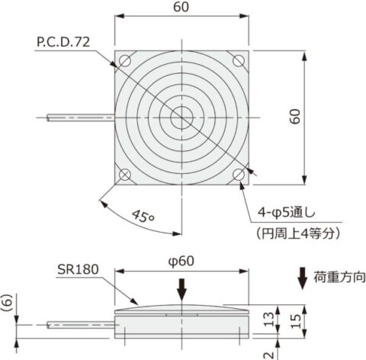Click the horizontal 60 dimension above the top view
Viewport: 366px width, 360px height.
(182, 8)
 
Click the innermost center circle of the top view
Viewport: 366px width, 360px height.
(182, 117)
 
